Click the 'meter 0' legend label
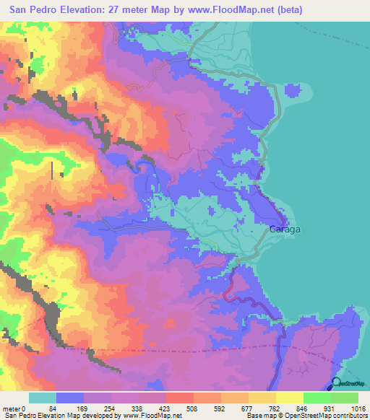click(15, 408)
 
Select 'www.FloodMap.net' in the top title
click(225, 10)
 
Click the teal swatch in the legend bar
click(43, 398)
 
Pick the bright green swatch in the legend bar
click(317, 398)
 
